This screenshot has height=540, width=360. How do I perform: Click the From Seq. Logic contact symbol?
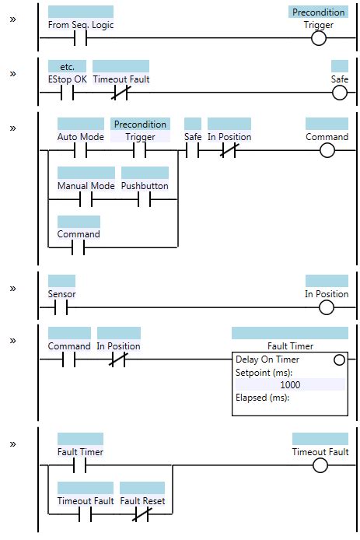pos(80,37)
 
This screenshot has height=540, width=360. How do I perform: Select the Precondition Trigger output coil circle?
pos(319,37)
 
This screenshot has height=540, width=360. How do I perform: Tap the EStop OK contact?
pos(67,93)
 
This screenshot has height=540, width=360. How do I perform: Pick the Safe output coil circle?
pos(339,93)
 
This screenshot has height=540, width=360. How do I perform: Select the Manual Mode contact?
pos(86,199)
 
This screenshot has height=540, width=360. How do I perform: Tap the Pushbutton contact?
pos(145,199)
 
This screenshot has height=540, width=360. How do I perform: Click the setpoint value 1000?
pos(290,384)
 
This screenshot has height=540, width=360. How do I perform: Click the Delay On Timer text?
pos(267,359)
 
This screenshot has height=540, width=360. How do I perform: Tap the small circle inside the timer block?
pos(338,359)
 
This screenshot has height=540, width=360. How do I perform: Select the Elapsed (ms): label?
pos(262,398)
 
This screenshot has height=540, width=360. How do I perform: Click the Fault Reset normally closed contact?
pos(142,514)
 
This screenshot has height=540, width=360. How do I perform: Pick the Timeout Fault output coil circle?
pos(320,465)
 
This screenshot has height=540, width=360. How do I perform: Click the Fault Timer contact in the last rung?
pos(79,465)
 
